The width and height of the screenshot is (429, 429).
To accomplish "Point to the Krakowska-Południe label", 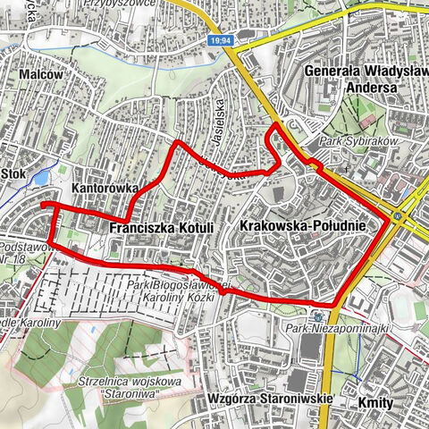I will point(302,227).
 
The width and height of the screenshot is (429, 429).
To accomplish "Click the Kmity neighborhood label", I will point(374,403).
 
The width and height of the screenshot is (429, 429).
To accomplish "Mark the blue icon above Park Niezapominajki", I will point(318,316).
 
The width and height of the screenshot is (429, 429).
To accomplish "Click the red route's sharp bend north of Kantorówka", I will point(178,142).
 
